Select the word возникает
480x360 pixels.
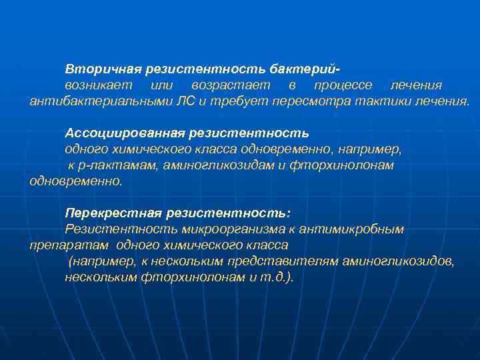click(98, 85)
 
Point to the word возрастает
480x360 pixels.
click(231, 85)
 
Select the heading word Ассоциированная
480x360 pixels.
click(115, 133)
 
